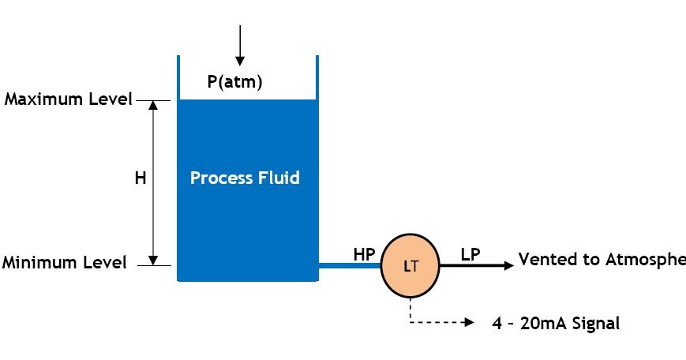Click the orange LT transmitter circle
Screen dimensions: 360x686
(410, 266)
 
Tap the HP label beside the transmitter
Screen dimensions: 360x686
(364, 253)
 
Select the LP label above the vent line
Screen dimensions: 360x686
(470, 253)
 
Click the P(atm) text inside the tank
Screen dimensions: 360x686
(240, 81)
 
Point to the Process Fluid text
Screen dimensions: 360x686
(245, 178)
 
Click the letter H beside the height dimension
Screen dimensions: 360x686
(140, 178)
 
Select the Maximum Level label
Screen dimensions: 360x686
(68, 100)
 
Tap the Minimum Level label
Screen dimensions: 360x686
(64, 263)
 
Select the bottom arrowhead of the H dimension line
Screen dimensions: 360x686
(154, 260)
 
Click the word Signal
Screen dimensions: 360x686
(593, 323)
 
